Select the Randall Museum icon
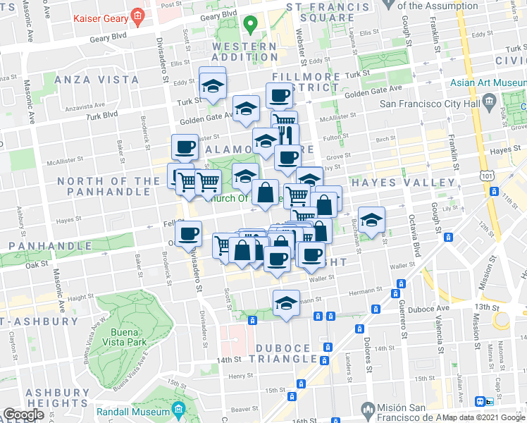pyautogui.click(x=178, y=408)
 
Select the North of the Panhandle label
pyautogui.click(x=108, y=187)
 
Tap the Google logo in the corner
pyautogui.click(x=23, y=415)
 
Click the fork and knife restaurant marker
pyautogui.click(x=286, y=135)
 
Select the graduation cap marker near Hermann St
pyautogui.click(x=286, y=303)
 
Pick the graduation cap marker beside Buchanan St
pyautogui.click(x=371, y=219)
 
